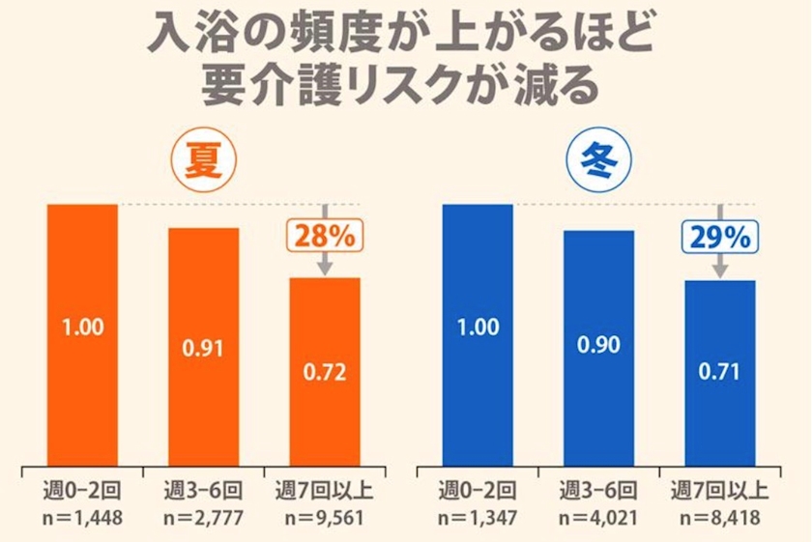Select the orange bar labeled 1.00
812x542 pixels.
pyautogui.click(x=83, y=333)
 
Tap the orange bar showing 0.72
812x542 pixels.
pyautogui.click(x=325, y=370)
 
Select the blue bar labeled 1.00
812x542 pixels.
pyautogui.click(x=478, y=333)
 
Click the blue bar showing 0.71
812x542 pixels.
pyautogui.click(x=720, y=371)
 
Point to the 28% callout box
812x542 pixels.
pyautogui.click(x=324, y=235)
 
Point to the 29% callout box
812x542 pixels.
pyautogui.click(x=721, y=235)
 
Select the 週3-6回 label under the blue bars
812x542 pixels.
pyautogui.click(x=599, y=490)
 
